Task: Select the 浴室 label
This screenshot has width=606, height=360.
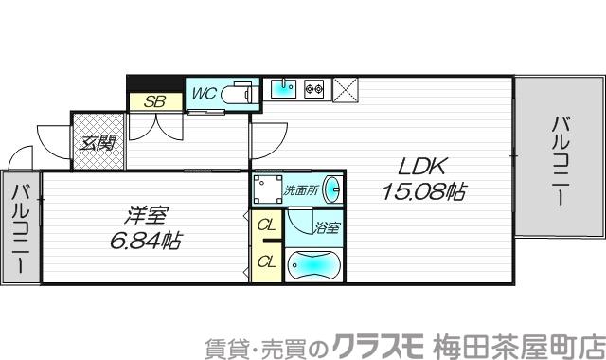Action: (328, 227)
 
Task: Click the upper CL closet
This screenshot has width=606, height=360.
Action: (266, 225)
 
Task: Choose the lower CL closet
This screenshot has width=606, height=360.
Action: (266, 260)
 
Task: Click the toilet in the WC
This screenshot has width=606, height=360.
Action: (240, 96)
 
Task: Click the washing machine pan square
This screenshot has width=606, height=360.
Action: (267, 187)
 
